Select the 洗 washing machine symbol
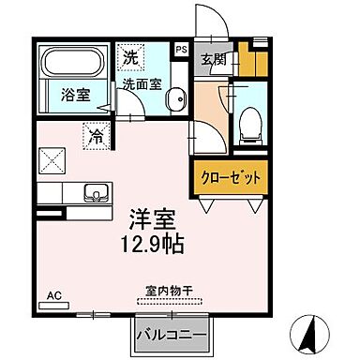pos(130,56)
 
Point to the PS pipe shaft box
pos(182,49)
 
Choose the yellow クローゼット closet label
pos(229,176)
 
